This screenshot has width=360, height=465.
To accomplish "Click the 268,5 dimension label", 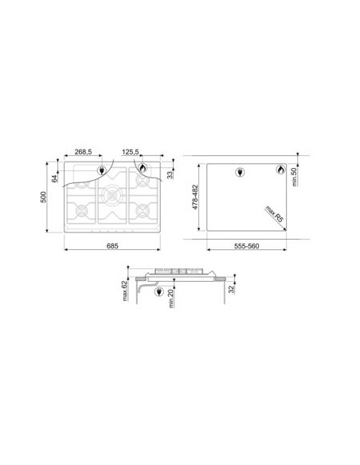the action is coord(83,152).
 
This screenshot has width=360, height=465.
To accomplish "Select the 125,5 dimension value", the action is coord(130,152).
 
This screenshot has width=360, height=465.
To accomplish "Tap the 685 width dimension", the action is coord(112,246).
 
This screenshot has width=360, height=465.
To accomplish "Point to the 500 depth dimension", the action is coord(43,197).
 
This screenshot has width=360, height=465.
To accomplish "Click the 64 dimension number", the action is coord(55,178).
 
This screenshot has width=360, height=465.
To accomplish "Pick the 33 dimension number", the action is coord(170,175).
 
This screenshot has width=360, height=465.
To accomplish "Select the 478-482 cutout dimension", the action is coord(195,197).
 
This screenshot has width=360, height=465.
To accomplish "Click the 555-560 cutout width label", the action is coord(247,246).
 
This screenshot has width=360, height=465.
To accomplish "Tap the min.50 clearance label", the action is coord(294,177).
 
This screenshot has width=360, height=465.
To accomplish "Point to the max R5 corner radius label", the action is coord(274,214).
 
